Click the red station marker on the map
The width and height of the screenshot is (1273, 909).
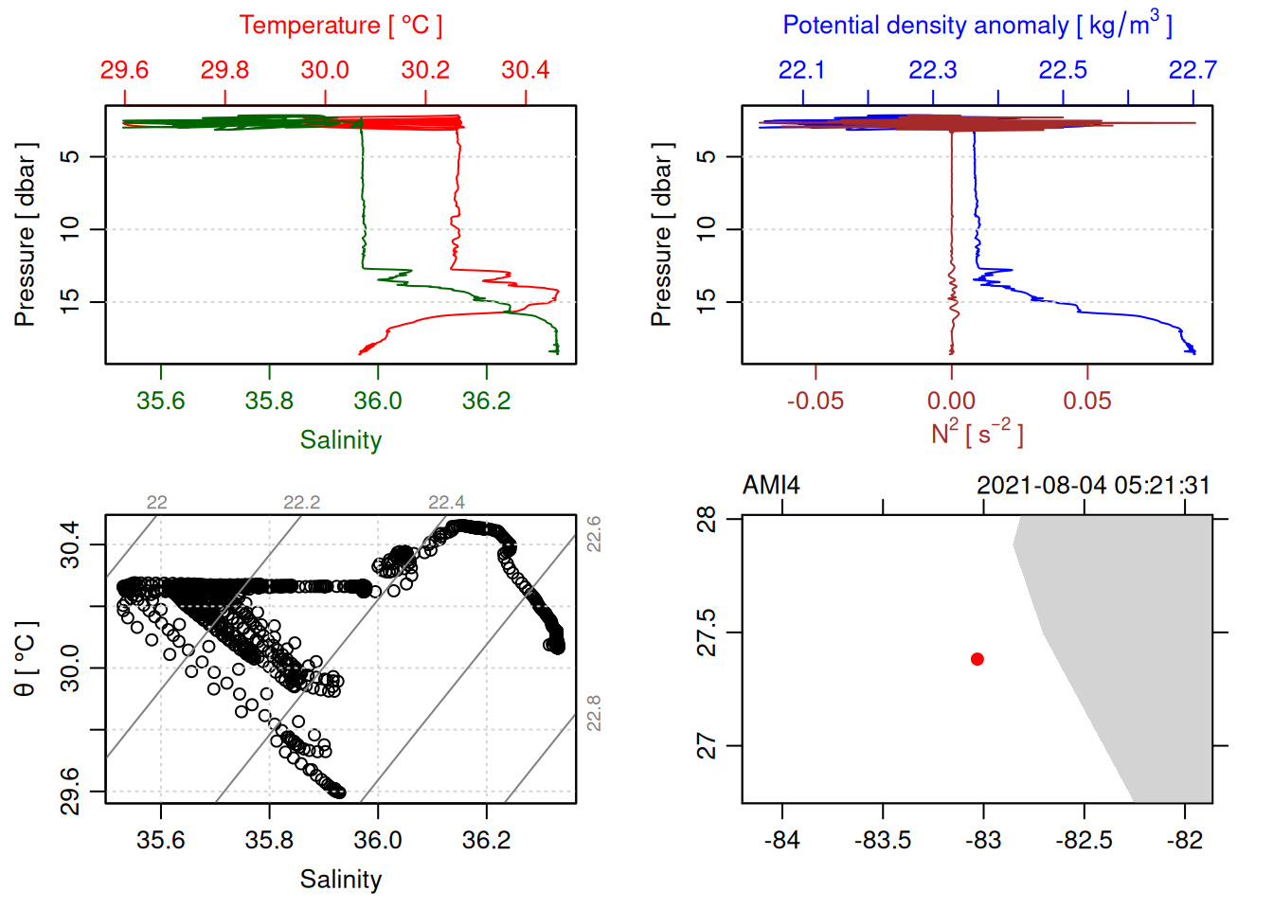click(977, 659)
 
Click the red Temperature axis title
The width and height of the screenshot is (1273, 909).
click(340, 26)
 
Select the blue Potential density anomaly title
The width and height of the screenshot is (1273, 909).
click(977, 26)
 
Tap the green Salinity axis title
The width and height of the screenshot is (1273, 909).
click(340, 440)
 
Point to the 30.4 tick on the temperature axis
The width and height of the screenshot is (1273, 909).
click(526, 70)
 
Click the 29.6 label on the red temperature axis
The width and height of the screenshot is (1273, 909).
click(124, 70)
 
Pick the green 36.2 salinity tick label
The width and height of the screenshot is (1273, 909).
click(486, 401)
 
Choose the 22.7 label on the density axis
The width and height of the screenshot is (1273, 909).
click(1192, 70)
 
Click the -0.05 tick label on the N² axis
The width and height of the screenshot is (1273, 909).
click(815, 401)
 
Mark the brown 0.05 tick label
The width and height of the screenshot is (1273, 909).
click(1086, 401)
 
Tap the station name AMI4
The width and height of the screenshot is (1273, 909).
click(771, 486)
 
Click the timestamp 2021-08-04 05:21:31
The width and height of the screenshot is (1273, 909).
click(1093, 486)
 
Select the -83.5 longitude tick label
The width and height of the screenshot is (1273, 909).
click(883, 841)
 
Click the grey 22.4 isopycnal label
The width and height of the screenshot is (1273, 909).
click(446, 503)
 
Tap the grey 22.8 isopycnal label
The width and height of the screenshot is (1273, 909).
click(594, 713)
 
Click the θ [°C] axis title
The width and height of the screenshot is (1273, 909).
click(26, 659)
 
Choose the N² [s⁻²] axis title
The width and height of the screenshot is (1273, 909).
click(977, 434)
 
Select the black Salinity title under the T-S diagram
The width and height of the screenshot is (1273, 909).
click(340, 880)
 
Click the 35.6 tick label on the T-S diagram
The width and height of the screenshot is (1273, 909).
click(161, 841)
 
